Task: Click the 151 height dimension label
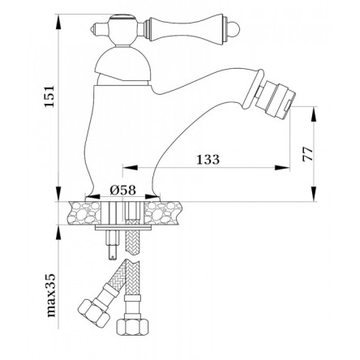[49, 96]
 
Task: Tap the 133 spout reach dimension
[208, 160]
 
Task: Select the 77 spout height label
[308, 154]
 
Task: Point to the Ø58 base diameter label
[122, 191]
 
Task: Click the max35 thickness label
[51, 295]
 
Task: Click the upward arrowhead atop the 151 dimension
[58, 21]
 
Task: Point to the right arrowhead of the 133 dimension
[282, 168]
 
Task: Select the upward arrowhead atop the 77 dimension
[315, 114]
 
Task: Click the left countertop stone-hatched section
[85, 213]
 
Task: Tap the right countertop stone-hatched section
[163, 213]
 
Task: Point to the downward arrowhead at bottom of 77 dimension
[315, 194]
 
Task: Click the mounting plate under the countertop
[123, 229]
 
